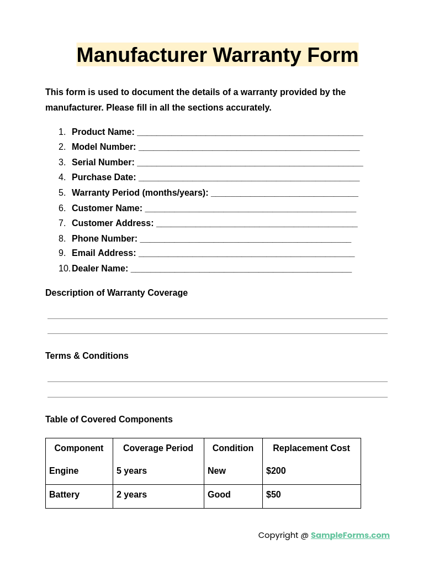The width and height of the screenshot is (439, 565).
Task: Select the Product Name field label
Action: (103, 132)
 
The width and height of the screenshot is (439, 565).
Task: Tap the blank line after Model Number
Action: (248, 148)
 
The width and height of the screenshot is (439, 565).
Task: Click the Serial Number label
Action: (103, 163)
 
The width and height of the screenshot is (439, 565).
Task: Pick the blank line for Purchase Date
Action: (248, 179)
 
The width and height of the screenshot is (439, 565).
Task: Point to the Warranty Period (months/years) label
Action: (140, 193)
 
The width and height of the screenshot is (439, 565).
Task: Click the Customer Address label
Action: (113, 223)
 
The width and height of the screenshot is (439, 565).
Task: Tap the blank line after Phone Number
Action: (245, 240)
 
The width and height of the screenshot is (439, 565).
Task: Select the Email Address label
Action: (104, 253)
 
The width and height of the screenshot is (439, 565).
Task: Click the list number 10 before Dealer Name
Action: (64, 269)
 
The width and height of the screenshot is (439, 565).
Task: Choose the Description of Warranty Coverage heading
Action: (117, 293)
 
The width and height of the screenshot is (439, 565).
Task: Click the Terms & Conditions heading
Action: (87, 356)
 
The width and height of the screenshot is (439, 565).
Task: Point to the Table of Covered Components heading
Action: (109, 420)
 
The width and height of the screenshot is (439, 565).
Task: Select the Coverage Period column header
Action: (158, 448)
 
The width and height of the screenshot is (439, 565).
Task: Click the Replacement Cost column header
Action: (311, 448)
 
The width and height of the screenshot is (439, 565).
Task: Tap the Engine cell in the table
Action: (64, 471)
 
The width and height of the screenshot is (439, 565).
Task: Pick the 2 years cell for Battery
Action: (131, 495)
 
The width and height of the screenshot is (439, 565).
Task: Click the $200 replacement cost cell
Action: (276, 471)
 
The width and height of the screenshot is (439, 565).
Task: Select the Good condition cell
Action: (219, 495)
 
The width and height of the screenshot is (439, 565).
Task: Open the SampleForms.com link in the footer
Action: (350, 535)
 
